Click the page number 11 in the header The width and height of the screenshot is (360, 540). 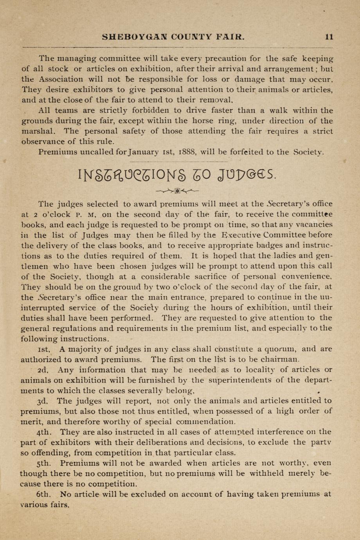coord(329,37)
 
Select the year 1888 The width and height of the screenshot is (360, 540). coord(189,152)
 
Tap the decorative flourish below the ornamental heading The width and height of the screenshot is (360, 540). coord(177,191)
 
